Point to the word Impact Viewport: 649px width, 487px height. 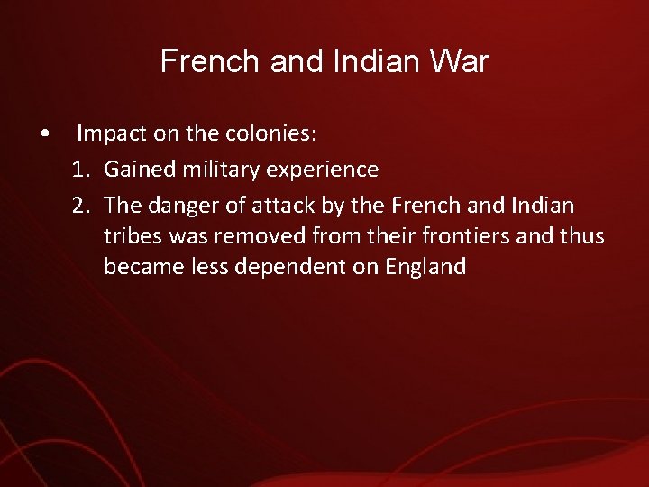109,135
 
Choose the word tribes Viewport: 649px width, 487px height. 132,236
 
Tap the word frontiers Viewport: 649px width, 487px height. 454,236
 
